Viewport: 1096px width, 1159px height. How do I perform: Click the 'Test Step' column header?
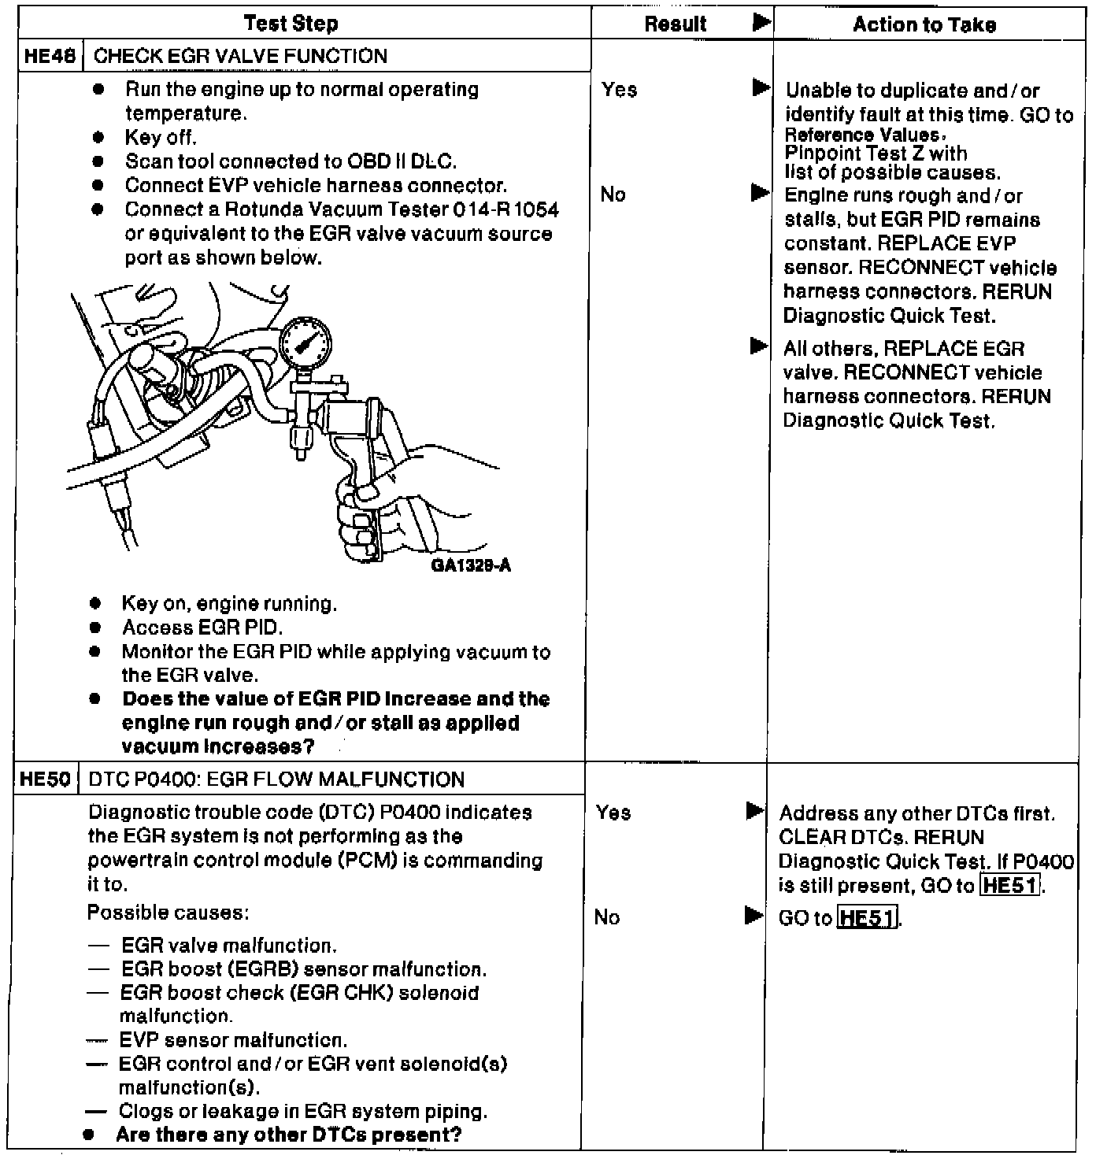click(291, 24)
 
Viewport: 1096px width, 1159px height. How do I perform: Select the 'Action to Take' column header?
click(924, 25)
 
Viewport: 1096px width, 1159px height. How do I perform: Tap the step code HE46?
click(50, 56)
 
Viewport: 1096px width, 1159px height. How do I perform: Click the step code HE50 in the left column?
click(45, 779)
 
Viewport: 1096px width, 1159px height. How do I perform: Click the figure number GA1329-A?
click(471, 565)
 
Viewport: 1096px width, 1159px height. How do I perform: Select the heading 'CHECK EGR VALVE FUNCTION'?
click(240, 56)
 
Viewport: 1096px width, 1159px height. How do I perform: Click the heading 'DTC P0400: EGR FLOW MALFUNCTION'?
click(276, 779)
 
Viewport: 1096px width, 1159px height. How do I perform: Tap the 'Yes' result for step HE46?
click(619, 90)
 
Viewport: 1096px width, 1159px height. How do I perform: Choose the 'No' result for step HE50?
click(607, 917)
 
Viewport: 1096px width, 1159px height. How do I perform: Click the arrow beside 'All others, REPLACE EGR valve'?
click(759, 346)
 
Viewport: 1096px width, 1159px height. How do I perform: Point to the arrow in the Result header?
click(761, 22)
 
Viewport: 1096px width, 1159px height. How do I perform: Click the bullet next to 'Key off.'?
click(98, 138)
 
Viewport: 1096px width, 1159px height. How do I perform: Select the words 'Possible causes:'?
click(168, 913)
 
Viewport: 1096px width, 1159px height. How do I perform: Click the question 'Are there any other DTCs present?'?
click(288, 1135)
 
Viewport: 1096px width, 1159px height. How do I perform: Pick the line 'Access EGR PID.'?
click(202, 628)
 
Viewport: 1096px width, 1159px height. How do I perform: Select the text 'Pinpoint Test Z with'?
click(876, 153)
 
